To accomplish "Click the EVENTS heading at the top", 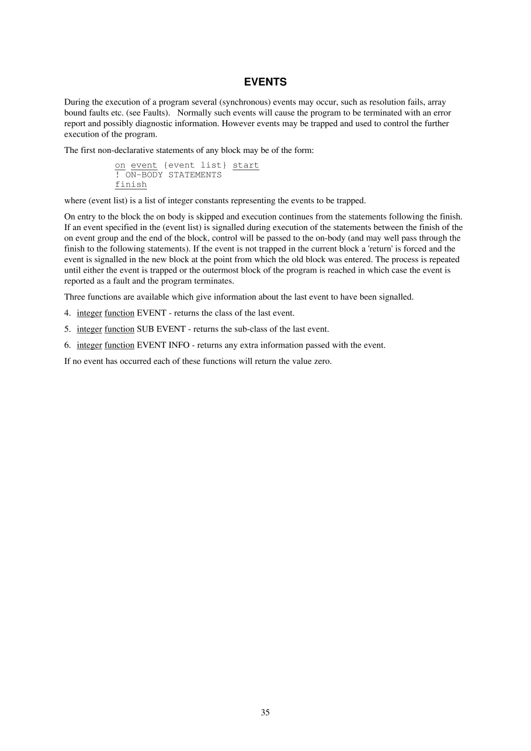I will [x=265, y=82].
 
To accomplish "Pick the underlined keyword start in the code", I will [x=245, y=165].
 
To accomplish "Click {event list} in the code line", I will [x=195, y=165].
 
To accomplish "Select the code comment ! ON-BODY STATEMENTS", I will [x=168, y=175].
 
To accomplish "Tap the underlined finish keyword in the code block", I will [x=131, y=185].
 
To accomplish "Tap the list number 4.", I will [x=67, y=313].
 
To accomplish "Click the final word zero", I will [x=321, y=360].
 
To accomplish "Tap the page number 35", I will [x=265, y=712].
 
